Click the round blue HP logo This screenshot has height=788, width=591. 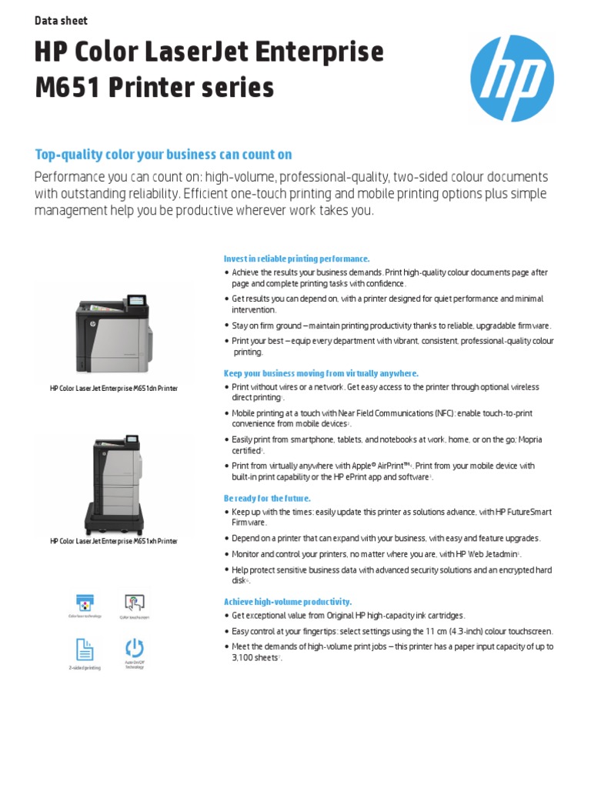512,79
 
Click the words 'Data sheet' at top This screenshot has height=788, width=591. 61,21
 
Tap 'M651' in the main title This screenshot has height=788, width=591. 65,88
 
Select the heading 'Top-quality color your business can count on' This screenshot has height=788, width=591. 163,155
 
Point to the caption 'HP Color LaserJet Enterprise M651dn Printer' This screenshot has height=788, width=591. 114,389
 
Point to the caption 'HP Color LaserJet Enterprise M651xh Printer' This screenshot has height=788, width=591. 114,541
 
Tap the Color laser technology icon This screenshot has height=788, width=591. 84,602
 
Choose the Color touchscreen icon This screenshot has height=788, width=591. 135,602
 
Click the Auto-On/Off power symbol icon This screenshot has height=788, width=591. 135,647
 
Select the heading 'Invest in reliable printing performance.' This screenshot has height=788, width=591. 296,259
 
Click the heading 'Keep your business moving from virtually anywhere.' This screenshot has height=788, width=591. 321,373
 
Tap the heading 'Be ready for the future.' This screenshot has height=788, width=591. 267,499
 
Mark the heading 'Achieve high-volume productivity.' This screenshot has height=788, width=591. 287,602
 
